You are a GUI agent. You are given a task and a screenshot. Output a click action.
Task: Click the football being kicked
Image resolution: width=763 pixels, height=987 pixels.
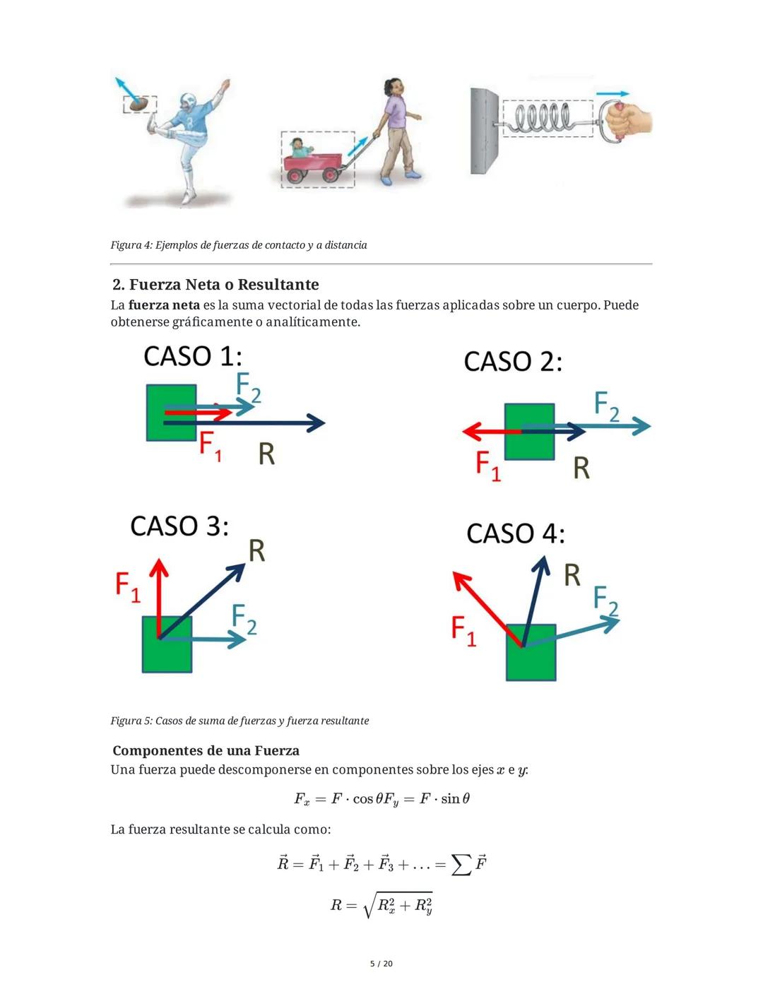point(142,104)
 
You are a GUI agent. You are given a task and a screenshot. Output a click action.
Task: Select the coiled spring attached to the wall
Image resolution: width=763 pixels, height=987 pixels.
point(543,118)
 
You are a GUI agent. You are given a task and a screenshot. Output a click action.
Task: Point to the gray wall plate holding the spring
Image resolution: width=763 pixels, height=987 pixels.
point(484,131)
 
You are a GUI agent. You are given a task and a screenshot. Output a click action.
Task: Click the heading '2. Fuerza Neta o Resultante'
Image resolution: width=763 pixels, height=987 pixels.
point(215,285)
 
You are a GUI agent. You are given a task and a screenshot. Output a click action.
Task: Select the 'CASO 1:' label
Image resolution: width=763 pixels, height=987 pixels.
point(193,356)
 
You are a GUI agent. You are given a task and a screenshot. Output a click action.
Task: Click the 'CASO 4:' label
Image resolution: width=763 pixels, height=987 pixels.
point(516,533)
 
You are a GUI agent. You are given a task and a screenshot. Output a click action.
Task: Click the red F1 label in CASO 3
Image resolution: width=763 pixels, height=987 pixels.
point(128,588)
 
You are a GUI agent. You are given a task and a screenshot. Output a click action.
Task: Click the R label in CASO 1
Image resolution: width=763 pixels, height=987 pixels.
point(266,454)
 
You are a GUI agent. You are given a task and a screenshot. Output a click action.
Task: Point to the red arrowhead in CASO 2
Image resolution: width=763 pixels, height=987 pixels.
point(471,430)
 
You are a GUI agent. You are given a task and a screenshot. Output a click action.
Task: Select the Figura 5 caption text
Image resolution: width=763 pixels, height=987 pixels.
point(239,721)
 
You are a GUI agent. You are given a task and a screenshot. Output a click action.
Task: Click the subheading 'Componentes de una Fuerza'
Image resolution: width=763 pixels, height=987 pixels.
point(206,751)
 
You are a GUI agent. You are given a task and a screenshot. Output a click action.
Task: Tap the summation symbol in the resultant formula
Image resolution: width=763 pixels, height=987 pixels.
point(461,864)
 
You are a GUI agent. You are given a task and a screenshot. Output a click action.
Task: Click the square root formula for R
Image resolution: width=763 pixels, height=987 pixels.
point(381,905)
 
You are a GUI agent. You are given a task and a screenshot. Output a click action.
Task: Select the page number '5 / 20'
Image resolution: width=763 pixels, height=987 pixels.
point(381,964)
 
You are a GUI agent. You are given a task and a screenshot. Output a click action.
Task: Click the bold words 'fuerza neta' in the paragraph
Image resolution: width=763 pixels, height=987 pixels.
point(164,305)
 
